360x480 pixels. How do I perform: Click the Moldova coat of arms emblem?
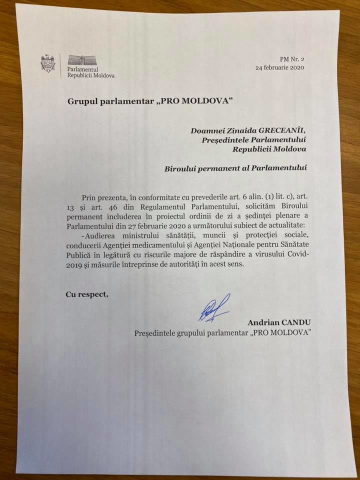click(47, 63)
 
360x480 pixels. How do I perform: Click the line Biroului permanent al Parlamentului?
click(235, 168)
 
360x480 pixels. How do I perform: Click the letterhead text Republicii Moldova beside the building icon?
click(91, 75)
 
